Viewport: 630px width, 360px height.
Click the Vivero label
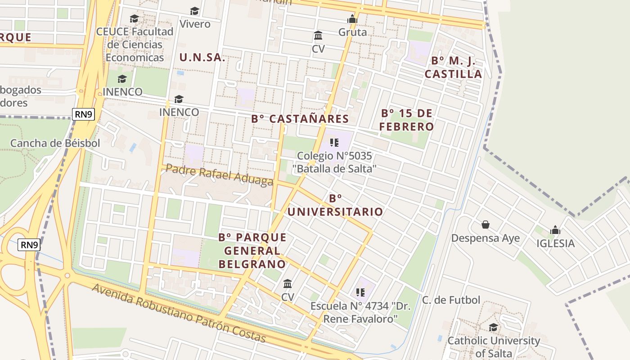(195, 24)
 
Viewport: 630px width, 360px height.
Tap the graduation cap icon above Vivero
(194, 11)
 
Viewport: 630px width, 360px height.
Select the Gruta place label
(352, 32)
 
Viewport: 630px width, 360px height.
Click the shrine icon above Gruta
(352, 19)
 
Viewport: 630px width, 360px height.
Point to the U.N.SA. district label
(202, 58)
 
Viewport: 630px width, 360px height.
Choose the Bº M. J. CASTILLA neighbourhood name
(453, 67)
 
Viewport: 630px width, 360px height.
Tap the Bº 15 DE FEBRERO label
(406, 120)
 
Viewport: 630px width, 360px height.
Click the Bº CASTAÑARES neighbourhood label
(300, 119)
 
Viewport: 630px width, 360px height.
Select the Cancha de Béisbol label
(55, 143)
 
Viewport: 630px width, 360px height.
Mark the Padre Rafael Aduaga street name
(219, 175)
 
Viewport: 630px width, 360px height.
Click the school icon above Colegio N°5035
(334, 143)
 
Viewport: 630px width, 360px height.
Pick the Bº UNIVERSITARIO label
(335, 205)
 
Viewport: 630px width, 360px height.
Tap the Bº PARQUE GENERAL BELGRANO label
(252, 251)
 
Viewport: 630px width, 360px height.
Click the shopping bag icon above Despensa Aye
(486, 224)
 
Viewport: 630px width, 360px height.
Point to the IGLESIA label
(555, 243)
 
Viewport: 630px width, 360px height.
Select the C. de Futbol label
(451, 300)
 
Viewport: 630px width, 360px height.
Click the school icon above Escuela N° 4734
(360, 292)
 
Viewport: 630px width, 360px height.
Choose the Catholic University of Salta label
(493, 347)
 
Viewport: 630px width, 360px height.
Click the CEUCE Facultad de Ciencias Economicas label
(135, 45)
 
